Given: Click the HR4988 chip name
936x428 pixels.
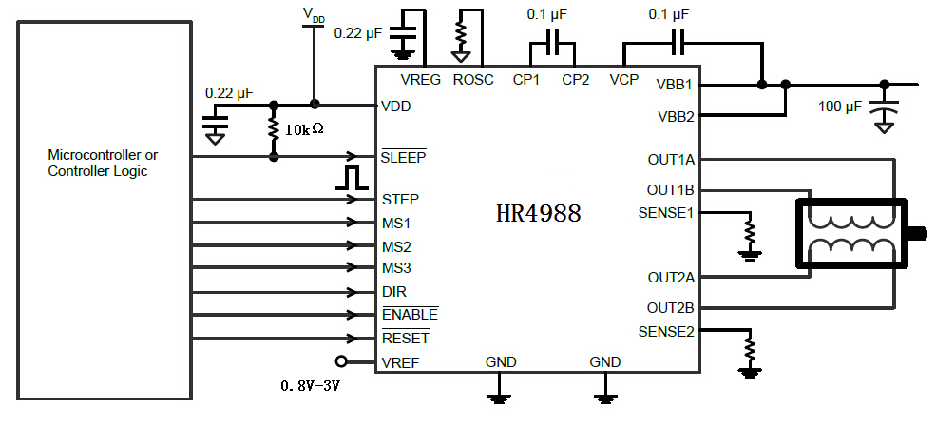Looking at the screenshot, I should coord(538,213).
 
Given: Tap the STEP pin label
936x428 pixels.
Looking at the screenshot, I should coord(400,200).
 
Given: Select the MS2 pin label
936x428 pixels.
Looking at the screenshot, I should coord(396,246).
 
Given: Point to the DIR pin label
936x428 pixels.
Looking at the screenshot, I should coord(394,292).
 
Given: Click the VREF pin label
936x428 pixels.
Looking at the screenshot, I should coord(400,361).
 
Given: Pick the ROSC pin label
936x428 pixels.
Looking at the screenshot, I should coord(473,80).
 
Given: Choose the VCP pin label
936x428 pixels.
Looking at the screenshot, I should coord(624,80).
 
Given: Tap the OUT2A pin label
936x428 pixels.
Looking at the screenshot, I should coord(671,278).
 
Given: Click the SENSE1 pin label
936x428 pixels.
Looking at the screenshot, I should coord(666,213).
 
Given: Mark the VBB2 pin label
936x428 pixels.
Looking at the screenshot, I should coord(676,117).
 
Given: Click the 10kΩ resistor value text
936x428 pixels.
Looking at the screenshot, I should coord(304,128).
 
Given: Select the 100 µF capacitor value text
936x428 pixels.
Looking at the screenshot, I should coord(840,106).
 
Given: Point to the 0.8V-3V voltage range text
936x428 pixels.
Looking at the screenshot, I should coord(309,387).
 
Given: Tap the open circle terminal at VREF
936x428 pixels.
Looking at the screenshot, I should coord(341,361).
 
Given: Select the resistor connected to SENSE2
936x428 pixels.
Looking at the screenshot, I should coord(750,348).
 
